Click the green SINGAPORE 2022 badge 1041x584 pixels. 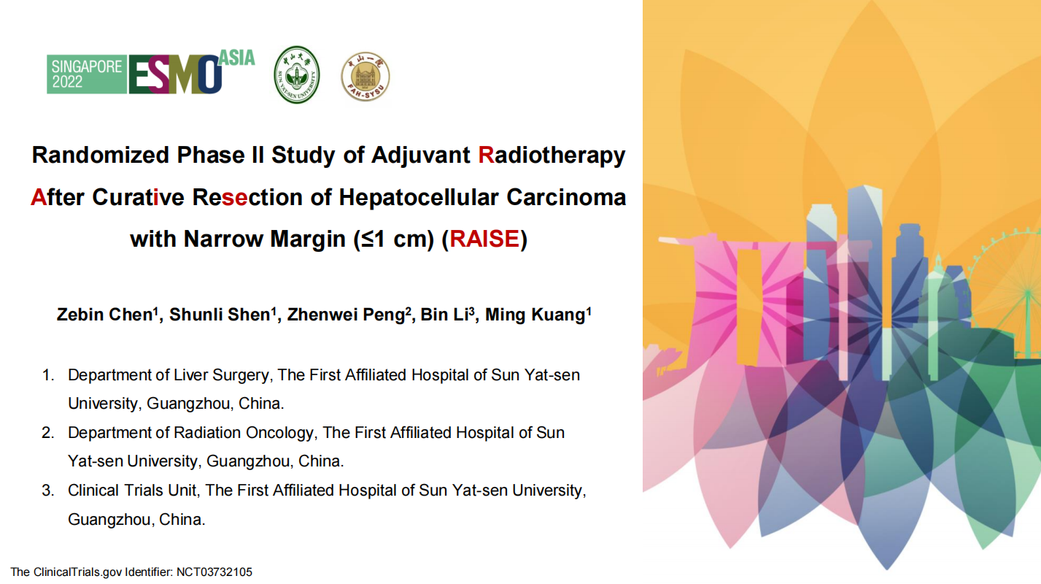coord(87,74)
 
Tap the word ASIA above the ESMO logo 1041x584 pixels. coord(236,58)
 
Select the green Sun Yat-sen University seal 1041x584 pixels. coord(296,74)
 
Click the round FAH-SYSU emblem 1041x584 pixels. coord(365,76)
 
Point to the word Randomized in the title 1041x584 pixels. coord(100,155)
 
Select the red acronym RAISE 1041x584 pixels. coord(484,239)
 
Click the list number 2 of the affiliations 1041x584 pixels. coord(47,433)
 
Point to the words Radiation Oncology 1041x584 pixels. coord(244,433)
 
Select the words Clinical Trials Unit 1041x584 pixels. coord(132,491)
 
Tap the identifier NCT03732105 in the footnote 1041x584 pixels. coord(214,572)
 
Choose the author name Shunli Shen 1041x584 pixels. coord(220,315)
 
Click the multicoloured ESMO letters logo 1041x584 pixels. coord(175,74)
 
